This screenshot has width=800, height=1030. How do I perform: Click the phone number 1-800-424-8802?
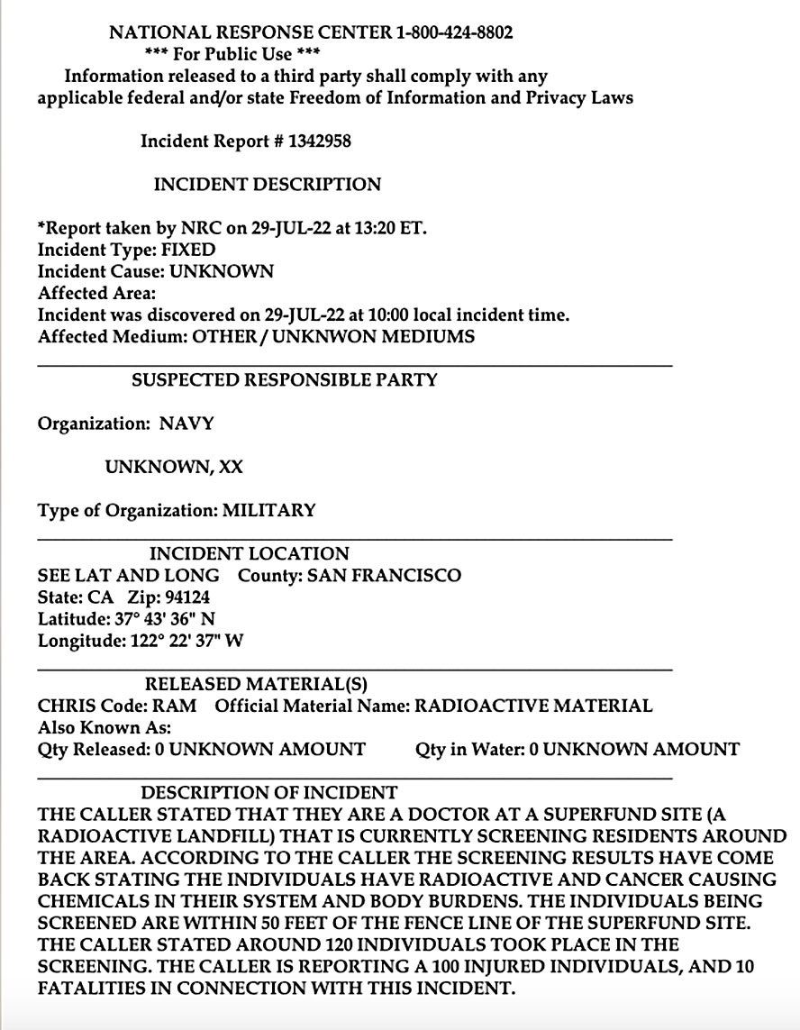454,33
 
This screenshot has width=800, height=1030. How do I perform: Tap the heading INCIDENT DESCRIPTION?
268,185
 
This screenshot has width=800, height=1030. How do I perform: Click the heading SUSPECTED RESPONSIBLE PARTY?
284,380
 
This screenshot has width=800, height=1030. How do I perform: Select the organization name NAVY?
186,424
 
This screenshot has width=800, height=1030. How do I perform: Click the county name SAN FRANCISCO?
384,576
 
